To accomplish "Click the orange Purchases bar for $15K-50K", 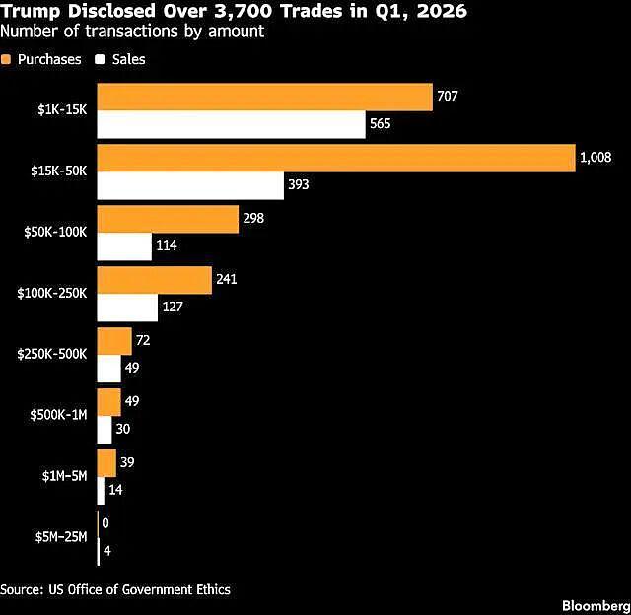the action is pos(336,159).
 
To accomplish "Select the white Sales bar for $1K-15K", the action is pos(232,125).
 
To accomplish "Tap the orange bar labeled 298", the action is pos(168,220).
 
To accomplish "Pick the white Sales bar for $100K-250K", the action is pos(127,307).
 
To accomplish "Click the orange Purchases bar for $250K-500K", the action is pos(114,341).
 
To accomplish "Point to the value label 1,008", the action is pos(596,158).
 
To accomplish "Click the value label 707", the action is pos(448,96).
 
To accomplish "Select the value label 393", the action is pos(299,184).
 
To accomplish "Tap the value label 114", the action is pos(167,245).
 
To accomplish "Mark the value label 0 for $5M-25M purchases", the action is pos(105,523).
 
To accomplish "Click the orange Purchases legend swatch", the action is pos(6,59).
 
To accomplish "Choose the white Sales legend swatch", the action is pos(100,59).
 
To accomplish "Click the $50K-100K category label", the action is pos(55,232).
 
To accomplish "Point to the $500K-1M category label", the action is pos(58,415).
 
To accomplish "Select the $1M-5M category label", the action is pos(64,476).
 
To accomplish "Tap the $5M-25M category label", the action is pos(61,537).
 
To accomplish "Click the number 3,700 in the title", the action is pos(244,11).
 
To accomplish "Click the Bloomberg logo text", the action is pos(596,606).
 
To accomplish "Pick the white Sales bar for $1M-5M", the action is pos(101,491).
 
